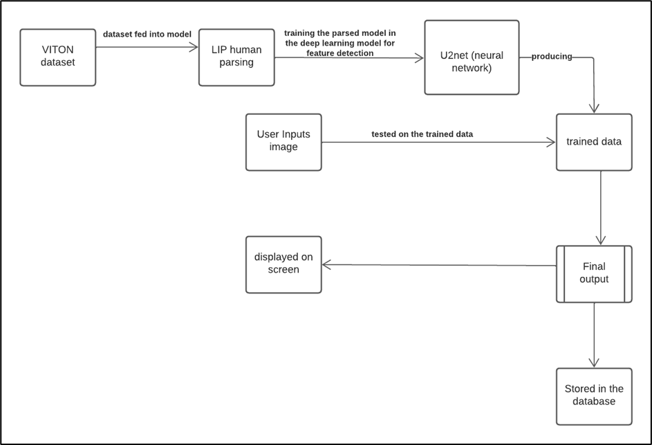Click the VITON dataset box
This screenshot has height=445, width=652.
[58, 57]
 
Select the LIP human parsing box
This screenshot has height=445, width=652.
[236, 57]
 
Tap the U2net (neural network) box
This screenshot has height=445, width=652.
[472, 57]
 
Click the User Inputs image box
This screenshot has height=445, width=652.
[283, 142]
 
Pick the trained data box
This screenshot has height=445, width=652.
[594, 142]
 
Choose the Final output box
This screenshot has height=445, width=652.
[594, 273]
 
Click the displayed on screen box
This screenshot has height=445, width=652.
[283, 264]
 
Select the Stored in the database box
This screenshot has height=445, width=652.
[594, 396]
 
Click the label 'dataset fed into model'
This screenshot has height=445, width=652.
[147, 34]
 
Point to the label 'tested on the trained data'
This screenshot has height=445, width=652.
[422, 134]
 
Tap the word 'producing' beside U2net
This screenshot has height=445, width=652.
[552, 57]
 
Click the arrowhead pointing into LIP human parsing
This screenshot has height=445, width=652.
[194, 48]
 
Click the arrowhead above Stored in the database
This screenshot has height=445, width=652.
[594, 363]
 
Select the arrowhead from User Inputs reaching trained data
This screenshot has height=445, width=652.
[551, 143]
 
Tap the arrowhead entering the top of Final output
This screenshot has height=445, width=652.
[600, 241]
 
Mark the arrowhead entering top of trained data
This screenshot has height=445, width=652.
[593, 109]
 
